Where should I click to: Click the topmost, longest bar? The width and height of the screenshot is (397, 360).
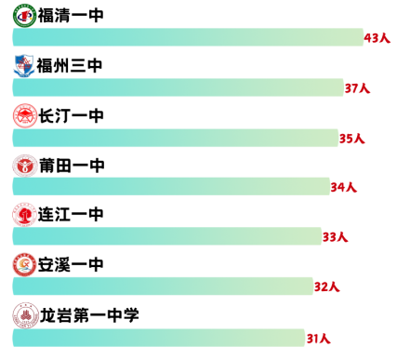pos(186,37)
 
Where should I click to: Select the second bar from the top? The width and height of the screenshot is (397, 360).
pos(177,87)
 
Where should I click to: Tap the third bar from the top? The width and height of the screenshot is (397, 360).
pos(175,138)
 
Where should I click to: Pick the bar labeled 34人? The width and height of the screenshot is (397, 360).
pos(170,186)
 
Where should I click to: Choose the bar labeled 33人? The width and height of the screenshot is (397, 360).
pos(166,236)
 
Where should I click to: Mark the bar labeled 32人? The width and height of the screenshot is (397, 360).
pos(163,286)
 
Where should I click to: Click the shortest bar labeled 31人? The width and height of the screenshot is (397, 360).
pos(158,337)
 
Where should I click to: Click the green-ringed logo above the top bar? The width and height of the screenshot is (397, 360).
pos(24,15)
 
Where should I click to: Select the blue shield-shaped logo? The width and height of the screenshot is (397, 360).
pos(24,65)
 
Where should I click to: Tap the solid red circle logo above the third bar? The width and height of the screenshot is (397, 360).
pos(24,115)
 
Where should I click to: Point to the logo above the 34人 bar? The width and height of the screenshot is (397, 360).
pos(24,166)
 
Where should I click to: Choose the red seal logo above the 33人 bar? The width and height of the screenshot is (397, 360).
pos(24,215)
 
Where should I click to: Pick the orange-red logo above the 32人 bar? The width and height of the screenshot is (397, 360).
pos(24,265)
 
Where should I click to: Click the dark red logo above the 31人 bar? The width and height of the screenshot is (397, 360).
pos(25,315)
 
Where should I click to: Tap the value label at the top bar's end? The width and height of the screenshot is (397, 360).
pos(377,38)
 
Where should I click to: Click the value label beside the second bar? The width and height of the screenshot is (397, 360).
pos(357,89)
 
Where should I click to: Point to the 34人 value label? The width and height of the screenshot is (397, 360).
pos(344,187)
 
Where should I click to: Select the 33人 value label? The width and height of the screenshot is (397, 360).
pos(335,237)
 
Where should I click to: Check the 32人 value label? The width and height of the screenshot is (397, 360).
pos(327,287)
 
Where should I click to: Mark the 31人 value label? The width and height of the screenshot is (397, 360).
pos(318,338)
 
